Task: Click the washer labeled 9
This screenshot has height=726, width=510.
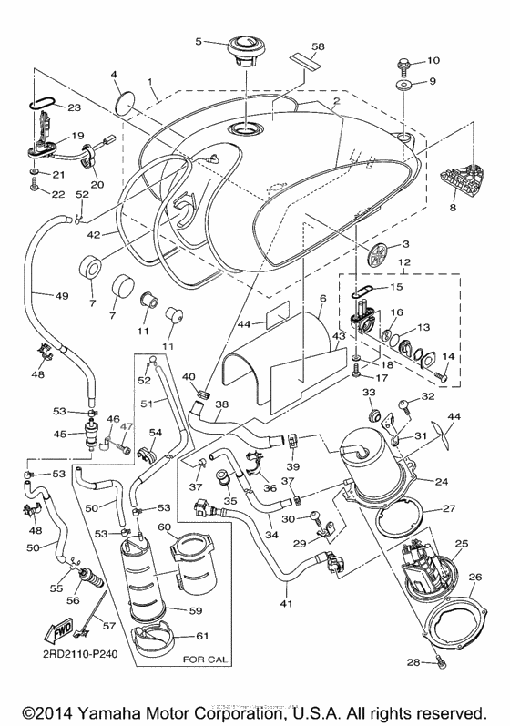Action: pos(402,85)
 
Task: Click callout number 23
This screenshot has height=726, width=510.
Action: pos(73,108)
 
